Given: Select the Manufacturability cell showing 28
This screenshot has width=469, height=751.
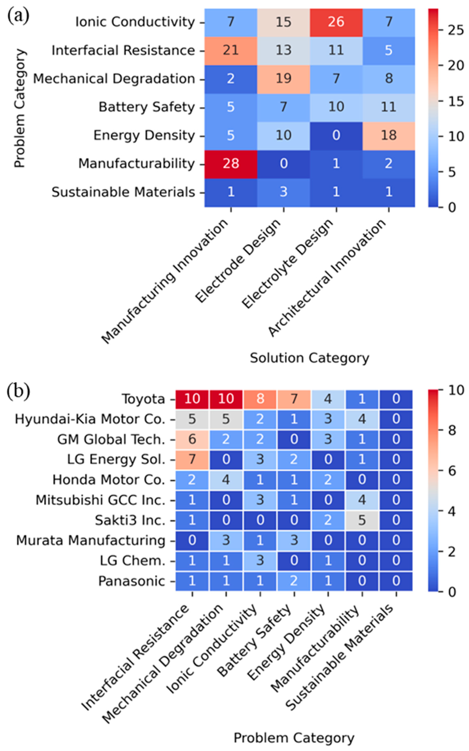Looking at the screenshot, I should [x=230, y=164].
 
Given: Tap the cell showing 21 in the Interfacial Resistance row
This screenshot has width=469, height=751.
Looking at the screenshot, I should [x=230, y=51].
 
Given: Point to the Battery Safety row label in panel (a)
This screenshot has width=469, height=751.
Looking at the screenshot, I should [x=146, y=107].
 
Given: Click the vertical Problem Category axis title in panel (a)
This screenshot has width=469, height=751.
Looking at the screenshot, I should [x=20, y=108].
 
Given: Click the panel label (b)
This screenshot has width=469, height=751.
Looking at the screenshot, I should [x=18, y=392].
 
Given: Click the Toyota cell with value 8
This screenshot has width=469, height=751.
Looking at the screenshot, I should [x=260, y=399].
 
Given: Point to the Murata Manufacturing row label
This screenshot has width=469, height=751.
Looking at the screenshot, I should [x=91, y=541].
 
